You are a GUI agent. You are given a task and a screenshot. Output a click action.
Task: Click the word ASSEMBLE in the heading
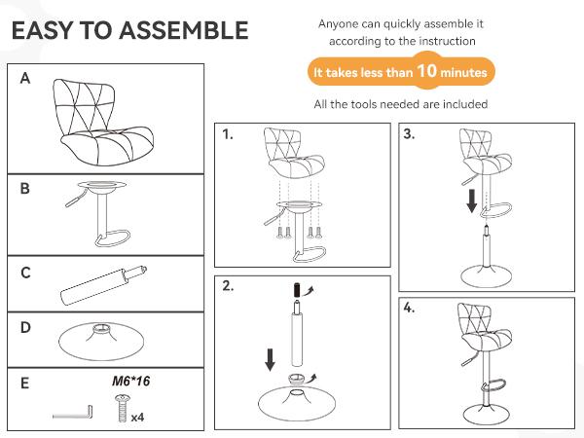tap(184, 30)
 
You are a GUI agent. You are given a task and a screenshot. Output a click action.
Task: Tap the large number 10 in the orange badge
tap(426, 70)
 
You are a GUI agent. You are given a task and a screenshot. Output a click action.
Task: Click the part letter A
tap(25, 78)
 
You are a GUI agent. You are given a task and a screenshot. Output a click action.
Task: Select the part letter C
tap(25, 273)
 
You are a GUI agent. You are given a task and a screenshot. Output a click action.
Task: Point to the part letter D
tap(25, 328)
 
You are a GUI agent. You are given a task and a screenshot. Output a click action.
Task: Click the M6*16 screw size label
tap(131, 381)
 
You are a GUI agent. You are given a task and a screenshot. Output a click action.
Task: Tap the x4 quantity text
tap(137, 418)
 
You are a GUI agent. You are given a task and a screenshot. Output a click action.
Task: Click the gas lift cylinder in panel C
tap(103, 285)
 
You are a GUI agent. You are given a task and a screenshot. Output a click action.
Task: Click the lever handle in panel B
tap(76, 199)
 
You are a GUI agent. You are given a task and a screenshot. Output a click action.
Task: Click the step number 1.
tap(228, 134)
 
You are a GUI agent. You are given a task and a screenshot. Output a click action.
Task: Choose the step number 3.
tap(409, 133)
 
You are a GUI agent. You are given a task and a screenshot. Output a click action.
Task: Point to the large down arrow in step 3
tap(472, 201)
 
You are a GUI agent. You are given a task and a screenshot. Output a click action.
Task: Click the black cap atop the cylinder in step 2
tap(297, 290)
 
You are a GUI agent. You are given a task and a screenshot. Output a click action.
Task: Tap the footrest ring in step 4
tap(496, 385)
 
